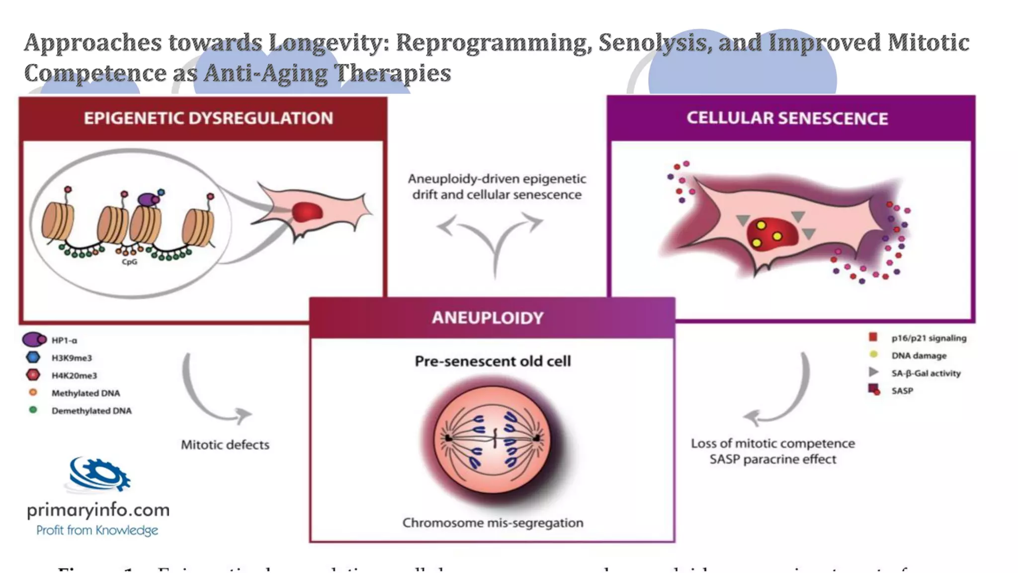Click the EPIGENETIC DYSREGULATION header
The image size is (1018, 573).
click(x=208, y=118)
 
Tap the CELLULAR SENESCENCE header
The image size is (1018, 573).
click(x=787, y=118)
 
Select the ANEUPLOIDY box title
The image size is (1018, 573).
click(x=488, y=318)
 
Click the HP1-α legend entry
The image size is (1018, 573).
click(x=64, y=340)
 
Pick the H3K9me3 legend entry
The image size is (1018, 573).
click(x=72, y=358)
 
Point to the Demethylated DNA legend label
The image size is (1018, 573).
click(x=91, y=411)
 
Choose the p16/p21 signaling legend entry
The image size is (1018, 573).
click(x=929, y=338)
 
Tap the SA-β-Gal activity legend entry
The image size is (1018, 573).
click(x=926, y=373)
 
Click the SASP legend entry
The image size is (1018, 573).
click(x=902, y=391)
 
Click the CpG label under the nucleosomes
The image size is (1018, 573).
click(x=129, y=262)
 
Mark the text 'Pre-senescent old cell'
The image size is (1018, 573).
click(x=493, y=361)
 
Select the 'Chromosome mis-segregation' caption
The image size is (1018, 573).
click(x=493, y=523)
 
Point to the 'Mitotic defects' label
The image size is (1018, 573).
click(x=225, y=445)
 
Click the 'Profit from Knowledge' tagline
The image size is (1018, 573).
click(x=97, y=530)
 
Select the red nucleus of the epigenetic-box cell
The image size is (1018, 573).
click(x=308, y=212)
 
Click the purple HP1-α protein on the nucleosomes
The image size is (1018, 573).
click(x=148, y=199)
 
